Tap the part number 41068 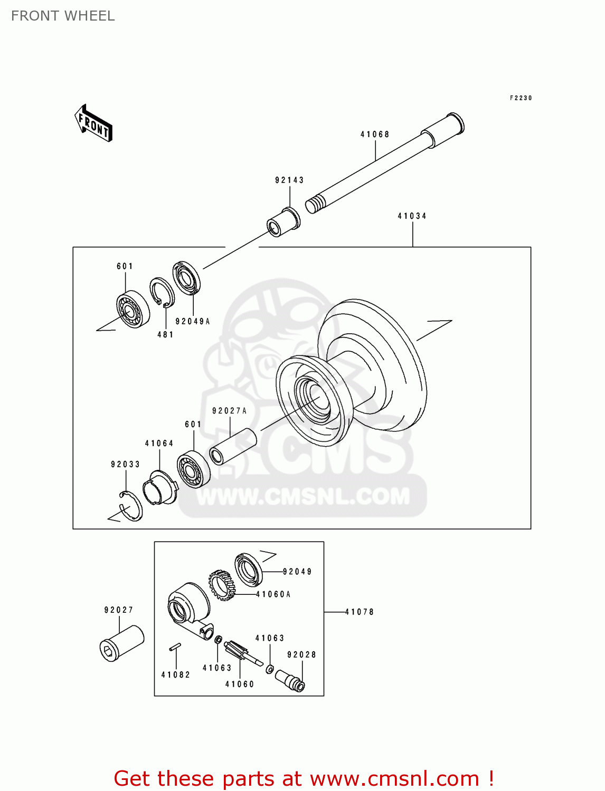(375, 134)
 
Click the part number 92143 (289, 180)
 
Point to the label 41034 (412, 216)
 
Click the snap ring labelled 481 (162, 292)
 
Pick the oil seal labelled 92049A (187, 277)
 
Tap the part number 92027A (229, 411)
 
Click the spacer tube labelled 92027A (233, 446)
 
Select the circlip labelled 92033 (131, 505)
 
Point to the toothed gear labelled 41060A (222, 585)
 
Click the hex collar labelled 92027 (122, 643)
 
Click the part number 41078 (360, 612)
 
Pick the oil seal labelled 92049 (248, 570)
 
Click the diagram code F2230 (521, 98)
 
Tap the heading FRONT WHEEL (63, 16)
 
